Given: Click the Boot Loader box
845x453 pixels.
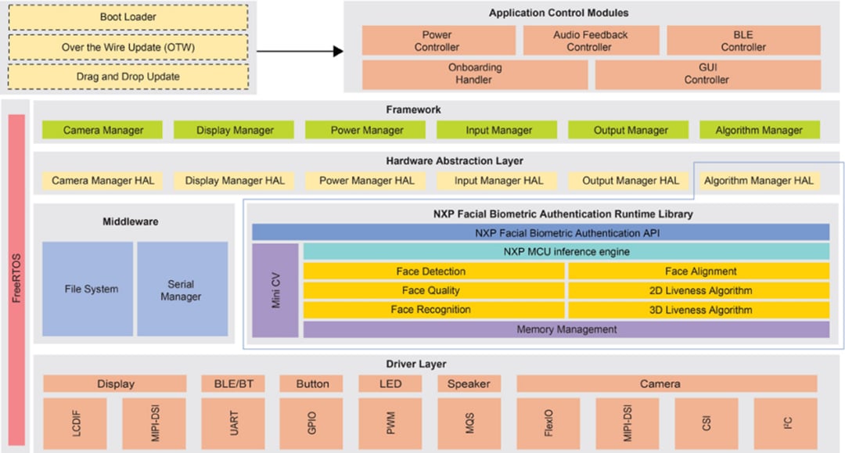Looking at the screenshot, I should pyautogui.click(x=128, y=17).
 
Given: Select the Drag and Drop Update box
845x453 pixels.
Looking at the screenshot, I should pyautogui.click(x=128, y=77).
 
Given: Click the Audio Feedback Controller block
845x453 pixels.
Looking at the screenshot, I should pyautogui.click(x=590, y=41).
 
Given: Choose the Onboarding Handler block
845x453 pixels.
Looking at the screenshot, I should pyautogui.click(x=474, y=74).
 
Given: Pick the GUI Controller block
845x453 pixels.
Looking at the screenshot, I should pyautogui.click(x=707, y=74).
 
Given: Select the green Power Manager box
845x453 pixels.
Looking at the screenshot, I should pyautogui.click(x=367, y=130).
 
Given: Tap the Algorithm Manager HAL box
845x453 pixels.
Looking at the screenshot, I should pyautogui.click(x=758, y=181).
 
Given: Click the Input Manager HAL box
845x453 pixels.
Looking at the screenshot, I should pyautogui.click(x=498, y=181).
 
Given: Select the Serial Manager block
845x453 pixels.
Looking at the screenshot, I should pyautogui.click(x=182, y=289).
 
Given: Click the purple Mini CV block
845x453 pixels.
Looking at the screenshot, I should pyautogui.click(x=275, y=290).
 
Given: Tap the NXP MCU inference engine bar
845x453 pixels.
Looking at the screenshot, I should pyautogui.click(x=566, y=252).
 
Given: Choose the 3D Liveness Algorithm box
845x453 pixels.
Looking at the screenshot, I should pyautogui.click(x=699, y=310).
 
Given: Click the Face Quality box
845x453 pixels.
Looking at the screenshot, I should pyautogui.click(x=433, y=290).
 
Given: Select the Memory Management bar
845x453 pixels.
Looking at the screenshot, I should pyautogui.click(x=566, y=329).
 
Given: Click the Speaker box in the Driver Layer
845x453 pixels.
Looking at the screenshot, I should pyautogui.click(x=468, y=384).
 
